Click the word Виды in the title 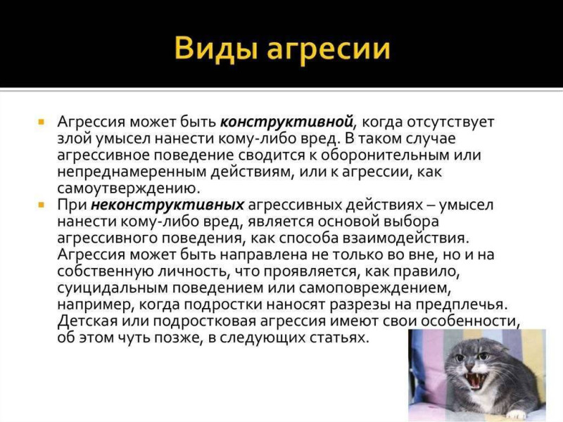pos(216,49)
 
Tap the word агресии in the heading pos(329,49)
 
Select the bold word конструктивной pos(286,122)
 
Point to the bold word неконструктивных pos(167,205)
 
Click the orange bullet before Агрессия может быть pos(42,122)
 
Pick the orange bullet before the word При pos(42,205)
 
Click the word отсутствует pos(450,122)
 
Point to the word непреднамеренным pos(132,172)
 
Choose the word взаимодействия pos(406,238)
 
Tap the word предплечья pos(462,305)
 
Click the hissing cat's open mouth pos(474,381)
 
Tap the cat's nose pos(471,367)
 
